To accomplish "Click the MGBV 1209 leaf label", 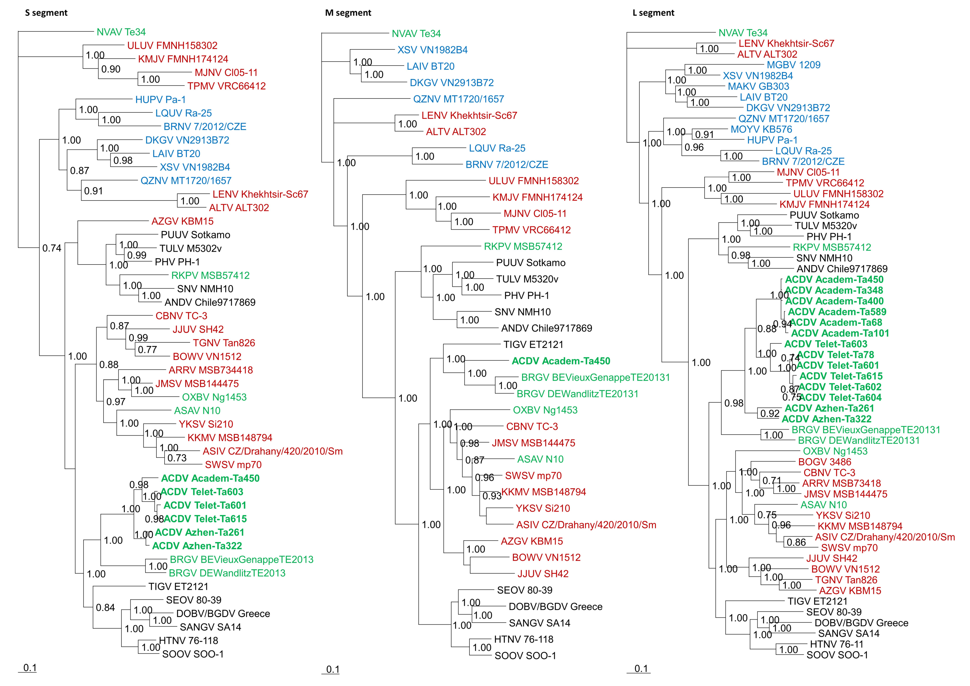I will coord(793,65).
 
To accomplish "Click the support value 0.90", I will coord(111,69).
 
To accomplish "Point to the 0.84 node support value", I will coord(105,608).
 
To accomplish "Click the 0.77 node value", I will coord(147,350).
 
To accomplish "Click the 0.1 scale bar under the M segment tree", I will coord(333,670).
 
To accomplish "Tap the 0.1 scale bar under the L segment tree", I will coord(641,669).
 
